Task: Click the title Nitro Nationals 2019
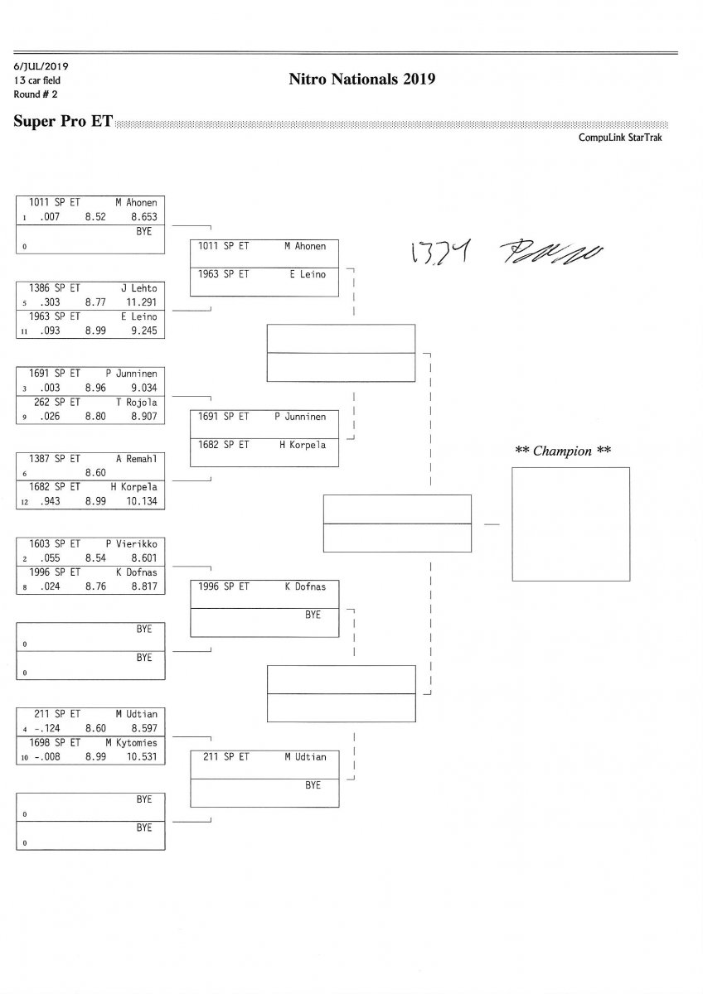click(361, 80)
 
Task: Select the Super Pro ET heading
click(63, 121)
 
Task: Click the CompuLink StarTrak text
click(620, 138)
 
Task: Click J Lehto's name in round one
click(139, 288)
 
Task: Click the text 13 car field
click(37, 80)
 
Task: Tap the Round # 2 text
click(36, 94)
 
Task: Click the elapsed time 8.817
click(143, 586)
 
